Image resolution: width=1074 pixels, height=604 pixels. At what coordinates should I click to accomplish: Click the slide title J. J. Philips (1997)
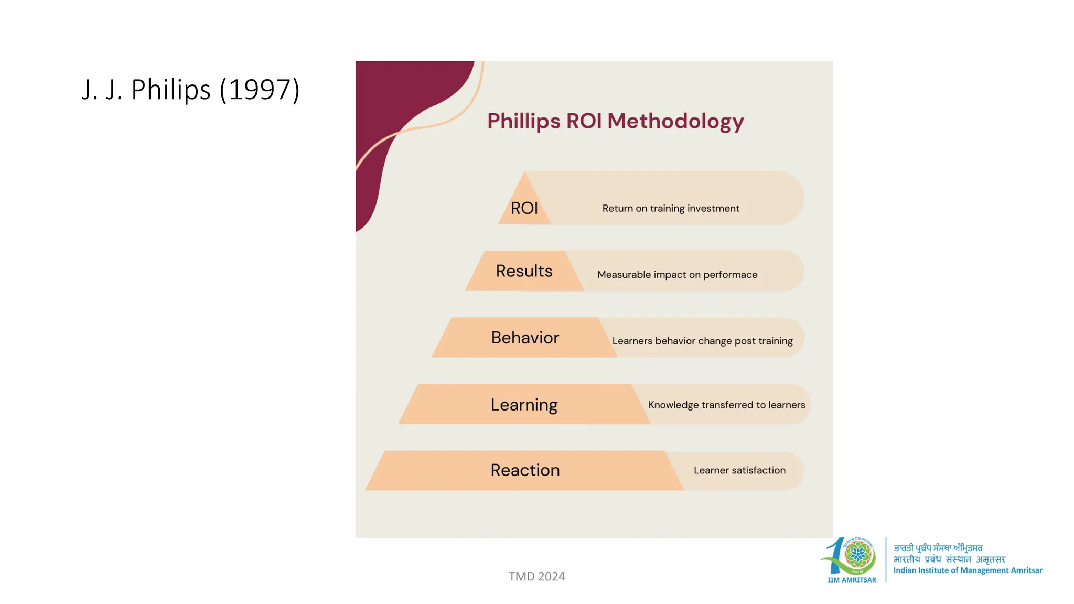tap(190, 90)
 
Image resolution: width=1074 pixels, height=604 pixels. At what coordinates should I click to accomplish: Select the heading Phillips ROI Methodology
tap(615, 121)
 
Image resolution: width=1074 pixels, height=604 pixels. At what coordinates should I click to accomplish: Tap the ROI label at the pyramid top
tap(524, 208)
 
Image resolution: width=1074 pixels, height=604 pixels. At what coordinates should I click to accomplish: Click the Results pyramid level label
tap(524, 271)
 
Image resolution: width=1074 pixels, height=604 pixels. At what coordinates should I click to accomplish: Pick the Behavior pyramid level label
tap(525, 338)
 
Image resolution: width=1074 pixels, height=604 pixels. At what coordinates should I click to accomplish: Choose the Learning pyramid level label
tap(524, 405)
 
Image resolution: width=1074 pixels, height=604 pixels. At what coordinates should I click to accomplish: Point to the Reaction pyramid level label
tap(525, 470)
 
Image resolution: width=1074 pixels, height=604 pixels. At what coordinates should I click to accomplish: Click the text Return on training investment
tap(671, 208)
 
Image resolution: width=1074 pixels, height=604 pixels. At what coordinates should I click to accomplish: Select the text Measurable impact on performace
tap(677, 275)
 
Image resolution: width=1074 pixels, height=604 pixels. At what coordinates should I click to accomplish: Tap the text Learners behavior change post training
tap(702, 341)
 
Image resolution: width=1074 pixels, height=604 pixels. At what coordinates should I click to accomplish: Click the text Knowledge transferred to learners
tap(726, 405)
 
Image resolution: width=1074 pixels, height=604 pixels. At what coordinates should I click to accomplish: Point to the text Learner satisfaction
tap(739, 470)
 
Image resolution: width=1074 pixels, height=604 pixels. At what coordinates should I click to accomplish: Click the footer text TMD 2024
tap(536, 576)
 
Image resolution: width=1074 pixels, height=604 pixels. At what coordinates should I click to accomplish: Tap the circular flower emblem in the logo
tap(858, 555)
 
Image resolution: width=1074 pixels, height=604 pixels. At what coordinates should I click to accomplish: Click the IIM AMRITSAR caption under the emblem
tap(852, 580)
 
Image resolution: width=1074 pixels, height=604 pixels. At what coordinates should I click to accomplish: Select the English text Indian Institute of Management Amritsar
tap(968, 570)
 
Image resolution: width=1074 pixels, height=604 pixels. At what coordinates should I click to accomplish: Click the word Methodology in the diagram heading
tap(675, 121)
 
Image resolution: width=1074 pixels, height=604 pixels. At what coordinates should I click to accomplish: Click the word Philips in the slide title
tap(170, 90)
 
